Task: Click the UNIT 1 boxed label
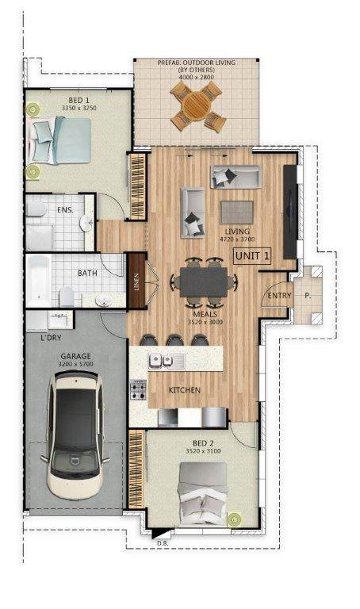tap(252, 255)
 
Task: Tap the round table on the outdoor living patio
tap(197, 106)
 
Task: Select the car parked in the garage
tap(75, 435)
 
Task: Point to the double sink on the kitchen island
tap(162, 362)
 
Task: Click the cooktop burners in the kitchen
tap(138, 390)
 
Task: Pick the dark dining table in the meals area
tap(204, 282)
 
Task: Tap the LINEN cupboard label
tap(136, 280)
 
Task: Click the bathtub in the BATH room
tap(39, 281)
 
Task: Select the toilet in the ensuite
tap(36, 209)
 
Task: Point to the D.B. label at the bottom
tap(163, 543)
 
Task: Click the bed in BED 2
tap(203, 494)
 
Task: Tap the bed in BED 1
tap(60, 140)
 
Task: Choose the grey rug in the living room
tap(237, 213)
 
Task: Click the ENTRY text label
tap(279, 296)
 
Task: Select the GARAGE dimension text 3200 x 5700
tap(76, 364)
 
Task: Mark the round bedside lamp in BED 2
tap(234, 519)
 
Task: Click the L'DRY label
tap(52, 338)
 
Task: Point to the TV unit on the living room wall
tap(290, 212)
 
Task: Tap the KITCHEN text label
tap(185, 390)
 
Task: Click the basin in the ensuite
tap(86, 223)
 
